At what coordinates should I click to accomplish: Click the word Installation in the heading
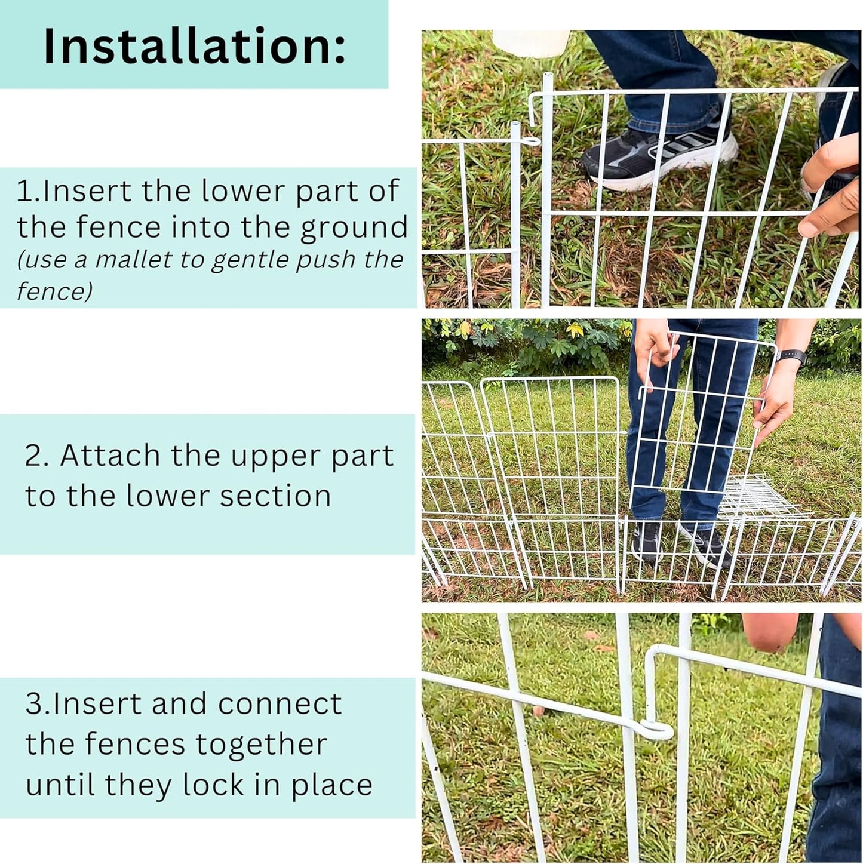point(194,46)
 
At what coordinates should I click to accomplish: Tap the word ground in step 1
point(354,228)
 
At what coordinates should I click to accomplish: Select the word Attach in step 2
point(110,456)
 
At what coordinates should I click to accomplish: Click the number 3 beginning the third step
point(33,704)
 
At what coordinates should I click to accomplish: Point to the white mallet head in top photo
point(530,43)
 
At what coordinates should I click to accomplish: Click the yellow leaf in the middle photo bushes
point(575,329)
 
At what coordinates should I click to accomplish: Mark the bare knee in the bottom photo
point(770,633)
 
